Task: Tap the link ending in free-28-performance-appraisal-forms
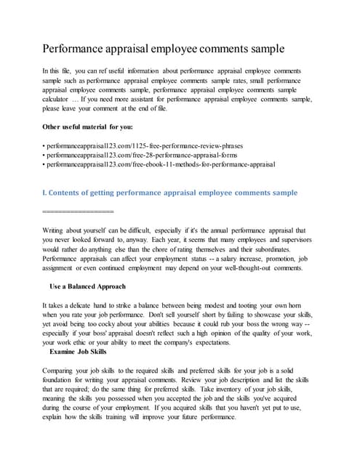tap(148, 155)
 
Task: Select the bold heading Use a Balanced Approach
tap(87, 286)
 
